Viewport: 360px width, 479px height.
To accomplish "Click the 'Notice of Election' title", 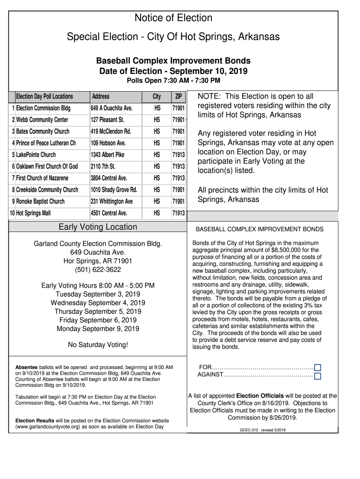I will pos(173,18).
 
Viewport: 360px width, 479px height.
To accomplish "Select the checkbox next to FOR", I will pos(317,368).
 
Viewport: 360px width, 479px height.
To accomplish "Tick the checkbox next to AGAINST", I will pos(317,376).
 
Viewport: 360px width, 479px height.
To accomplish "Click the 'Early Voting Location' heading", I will pos(98,227).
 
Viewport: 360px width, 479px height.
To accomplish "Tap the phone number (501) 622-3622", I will pos(98,269).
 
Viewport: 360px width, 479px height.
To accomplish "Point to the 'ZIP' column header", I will pos(178,97).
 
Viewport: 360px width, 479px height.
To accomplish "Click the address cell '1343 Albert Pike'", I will pos(108,155).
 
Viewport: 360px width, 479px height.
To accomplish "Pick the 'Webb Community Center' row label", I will pos(42,120).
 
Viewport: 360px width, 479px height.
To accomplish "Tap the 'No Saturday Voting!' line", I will pos(98,345).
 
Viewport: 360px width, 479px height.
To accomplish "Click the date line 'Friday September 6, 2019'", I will pos(98,320).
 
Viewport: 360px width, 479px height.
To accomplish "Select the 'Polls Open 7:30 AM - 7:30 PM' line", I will pos(173,81).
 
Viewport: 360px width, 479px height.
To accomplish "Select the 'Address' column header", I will pos(101,97).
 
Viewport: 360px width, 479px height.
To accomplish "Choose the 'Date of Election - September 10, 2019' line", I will pos(173,72).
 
